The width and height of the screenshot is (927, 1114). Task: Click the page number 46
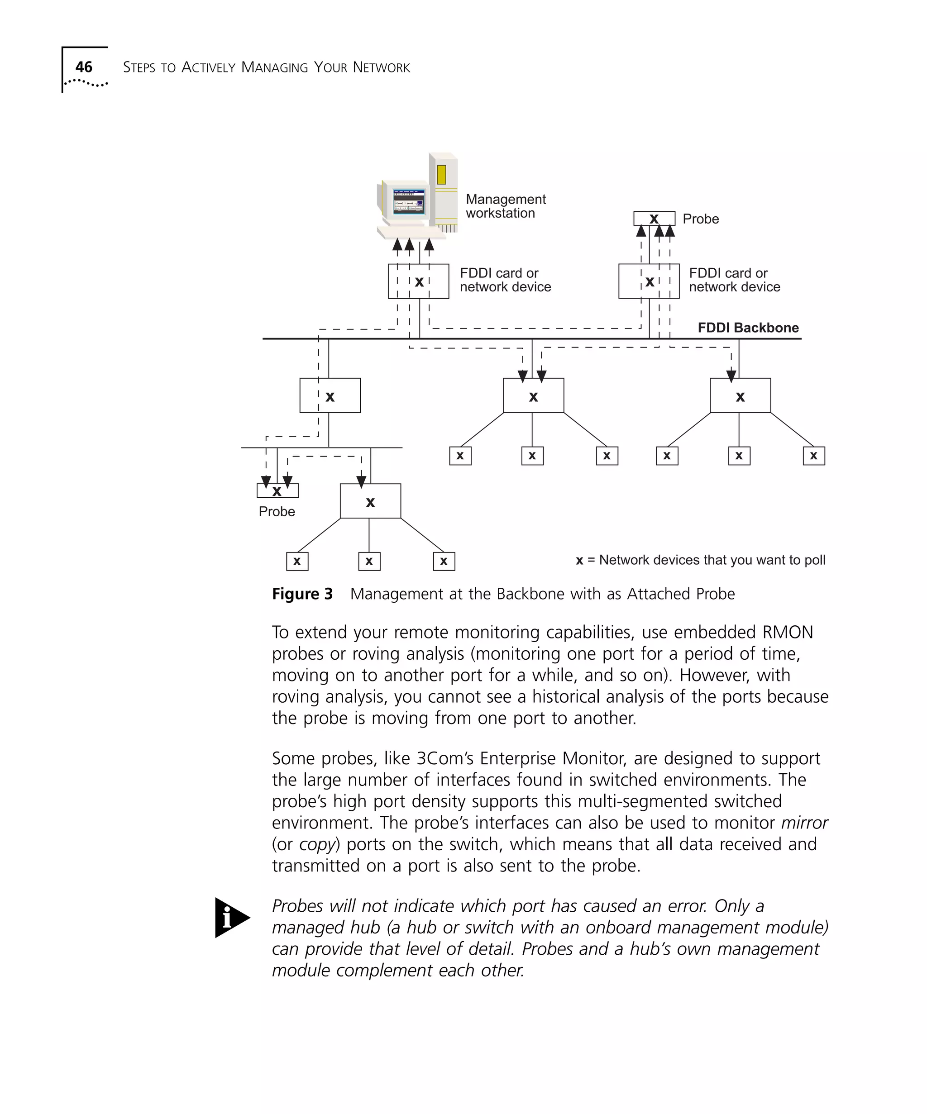point(83,67)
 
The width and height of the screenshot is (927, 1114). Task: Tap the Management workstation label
point(505,206)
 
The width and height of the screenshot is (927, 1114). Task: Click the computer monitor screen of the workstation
point(407,202)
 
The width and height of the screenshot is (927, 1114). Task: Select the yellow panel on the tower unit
point(441,175)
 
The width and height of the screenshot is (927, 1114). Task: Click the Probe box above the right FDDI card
point(654,219)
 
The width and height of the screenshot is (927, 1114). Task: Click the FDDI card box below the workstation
point(418,281)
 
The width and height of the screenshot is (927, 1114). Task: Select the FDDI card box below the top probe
point(649,281)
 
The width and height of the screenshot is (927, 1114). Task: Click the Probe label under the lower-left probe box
point(277,511)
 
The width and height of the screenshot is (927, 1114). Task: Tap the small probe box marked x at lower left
point(277,490)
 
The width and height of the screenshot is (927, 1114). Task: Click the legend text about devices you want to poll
point(700,560)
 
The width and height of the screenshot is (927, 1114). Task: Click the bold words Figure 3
point(302,594)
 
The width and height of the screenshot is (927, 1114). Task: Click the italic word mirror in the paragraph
point(804,823)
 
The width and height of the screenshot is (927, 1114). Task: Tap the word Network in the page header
point(381,67)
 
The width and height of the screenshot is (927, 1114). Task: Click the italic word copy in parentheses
point(317,844)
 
